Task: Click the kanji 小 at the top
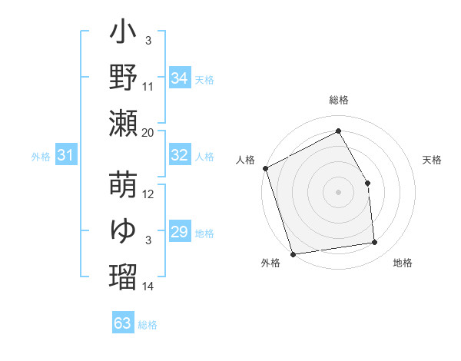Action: click(124, 35)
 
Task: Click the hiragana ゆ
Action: click(124, 230)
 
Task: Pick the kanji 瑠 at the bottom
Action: click(124, 274)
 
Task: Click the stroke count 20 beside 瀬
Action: click(148, 132)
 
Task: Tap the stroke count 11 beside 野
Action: click(148, 88)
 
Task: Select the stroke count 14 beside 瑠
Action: click(148, 286)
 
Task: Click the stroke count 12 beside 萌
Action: click(148, 194)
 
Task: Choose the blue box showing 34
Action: click(179, 78)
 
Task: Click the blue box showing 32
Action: click(179, 155)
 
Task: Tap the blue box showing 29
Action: click(179, 232)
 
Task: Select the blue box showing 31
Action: click(65, 156)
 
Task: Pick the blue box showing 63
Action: click(123, 323)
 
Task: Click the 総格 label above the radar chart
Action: click(338, 101)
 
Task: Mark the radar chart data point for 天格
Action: click(367, 183)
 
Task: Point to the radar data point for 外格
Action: click(293, 254)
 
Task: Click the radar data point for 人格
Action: click(265, 168)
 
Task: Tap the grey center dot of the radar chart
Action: click(338, 192)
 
